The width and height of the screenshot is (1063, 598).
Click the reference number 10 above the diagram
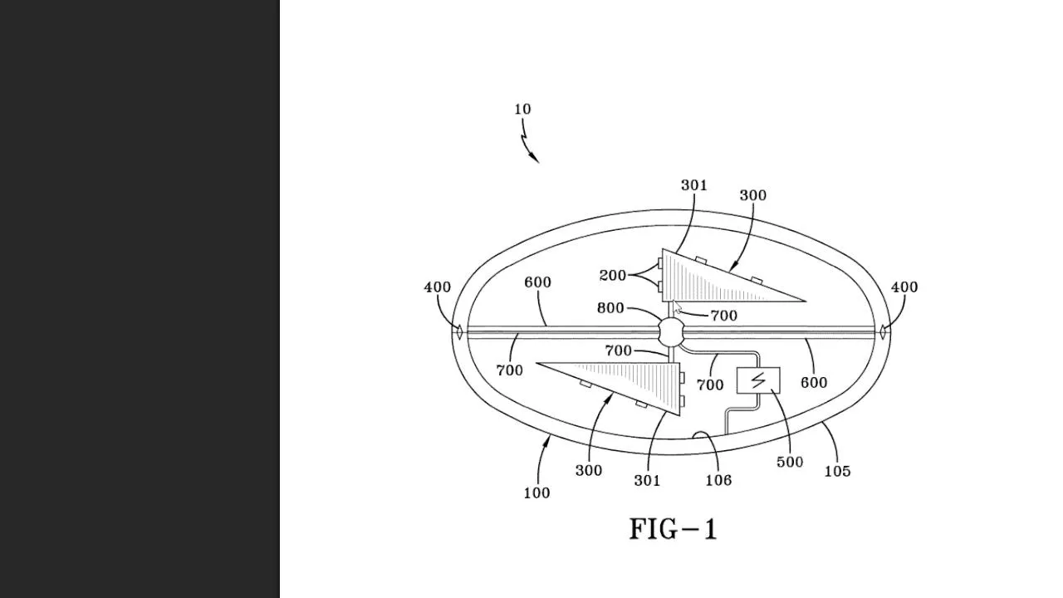[522, 110]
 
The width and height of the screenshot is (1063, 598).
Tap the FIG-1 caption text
[673, 529]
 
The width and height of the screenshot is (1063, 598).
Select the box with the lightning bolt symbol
[758, 380]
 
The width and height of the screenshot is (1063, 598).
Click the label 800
[610, 308]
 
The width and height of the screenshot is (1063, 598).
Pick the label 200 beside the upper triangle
[613, 276]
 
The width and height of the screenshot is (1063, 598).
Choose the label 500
[790, 462]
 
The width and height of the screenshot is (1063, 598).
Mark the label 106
[718, 480]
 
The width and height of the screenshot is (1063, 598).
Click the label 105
[837, 471]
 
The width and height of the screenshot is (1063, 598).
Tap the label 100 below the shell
[536, 493]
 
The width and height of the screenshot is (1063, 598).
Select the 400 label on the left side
[438, 287]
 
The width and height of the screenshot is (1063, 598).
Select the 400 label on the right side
[904, 287]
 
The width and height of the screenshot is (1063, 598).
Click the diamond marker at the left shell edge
[458, 332]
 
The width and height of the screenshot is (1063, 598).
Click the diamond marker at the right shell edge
[884, 332]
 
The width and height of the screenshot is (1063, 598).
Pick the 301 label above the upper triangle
[694, 185]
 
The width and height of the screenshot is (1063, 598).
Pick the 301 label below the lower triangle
[647, 480]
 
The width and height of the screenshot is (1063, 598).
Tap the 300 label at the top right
[752, 195]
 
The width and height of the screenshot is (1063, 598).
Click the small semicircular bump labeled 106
[701, 435]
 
